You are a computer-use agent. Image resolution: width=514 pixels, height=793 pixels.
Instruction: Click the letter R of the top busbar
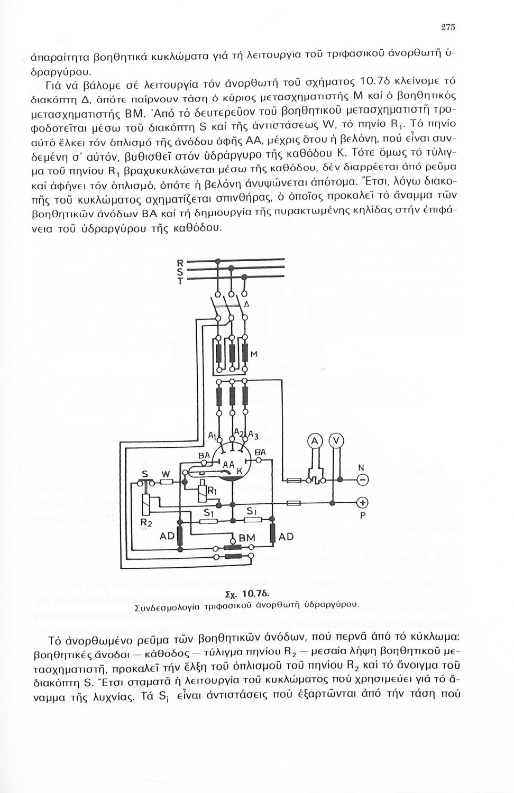click(179, 263)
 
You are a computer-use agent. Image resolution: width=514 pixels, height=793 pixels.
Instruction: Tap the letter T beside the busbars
click(179, 282)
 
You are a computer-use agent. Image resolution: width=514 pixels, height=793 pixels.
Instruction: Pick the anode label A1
click(211, 436)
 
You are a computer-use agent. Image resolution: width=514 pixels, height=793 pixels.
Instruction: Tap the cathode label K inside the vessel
click(238, 470)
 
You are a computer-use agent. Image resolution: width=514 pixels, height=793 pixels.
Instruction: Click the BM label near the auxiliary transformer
click(246, 538)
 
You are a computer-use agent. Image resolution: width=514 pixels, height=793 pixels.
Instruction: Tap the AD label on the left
click(167, 536)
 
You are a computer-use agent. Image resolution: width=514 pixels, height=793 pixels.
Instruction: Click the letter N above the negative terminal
click(361, 468)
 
